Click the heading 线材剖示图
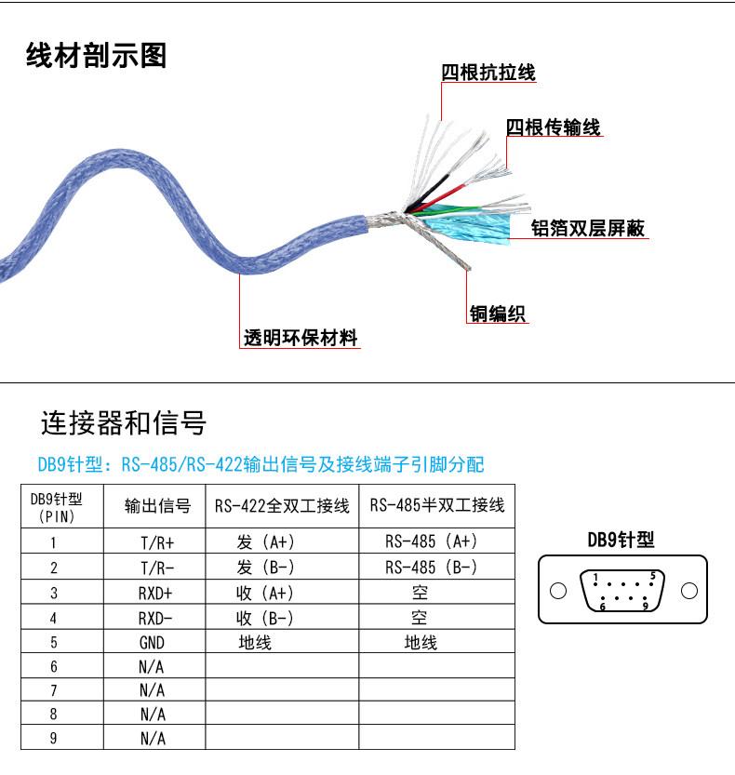pos(96,56)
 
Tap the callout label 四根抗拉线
pos(488,73)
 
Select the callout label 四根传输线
pos(553,127)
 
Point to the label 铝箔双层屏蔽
pos(588,228)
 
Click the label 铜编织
pos(497,314)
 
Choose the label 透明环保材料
pos(300,338)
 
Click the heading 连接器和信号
pos(124,423)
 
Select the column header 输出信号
pos(157,505)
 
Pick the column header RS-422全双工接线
pos(282,505)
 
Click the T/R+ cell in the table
pos(157,543)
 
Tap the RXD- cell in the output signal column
pos(155,618)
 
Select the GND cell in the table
pos(152,643)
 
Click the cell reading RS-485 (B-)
pos(431,567)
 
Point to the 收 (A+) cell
pos(265,593)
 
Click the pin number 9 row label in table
pos(53,738)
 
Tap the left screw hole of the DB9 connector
pos(558,591)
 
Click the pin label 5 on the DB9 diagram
pos(652,576)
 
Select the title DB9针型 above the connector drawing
pos(621,540)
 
